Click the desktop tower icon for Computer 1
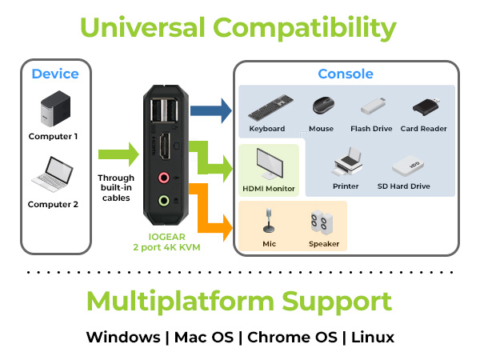click(54, 110)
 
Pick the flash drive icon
click(375, 106)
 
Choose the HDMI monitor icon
click(269, 165)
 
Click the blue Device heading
click(55, 74)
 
